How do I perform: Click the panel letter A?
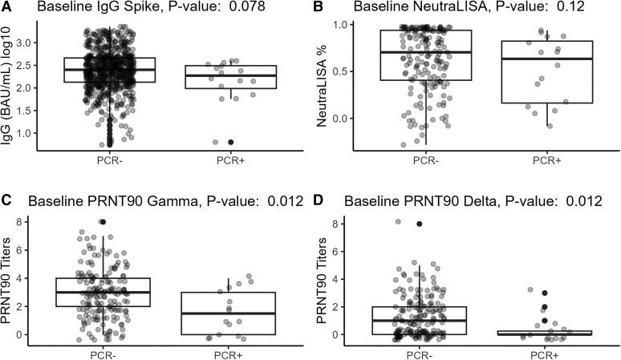[x=6, y=6]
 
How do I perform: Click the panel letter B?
[x=319, y=6]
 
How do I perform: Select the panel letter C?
[x=6, y=200]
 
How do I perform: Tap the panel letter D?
[x=319, y=200]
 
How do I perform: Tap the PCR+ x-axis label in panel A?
[x=231, y=160]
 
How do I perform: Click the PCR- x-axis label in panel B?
[x=426, y=160]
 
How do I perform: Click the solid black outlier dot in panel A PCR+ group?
[x=230, y=142]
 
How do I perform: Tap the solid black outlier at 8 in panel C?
[x=103, y=222]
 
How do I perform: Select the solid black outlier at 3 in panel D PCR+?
[x=545, y=293]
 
